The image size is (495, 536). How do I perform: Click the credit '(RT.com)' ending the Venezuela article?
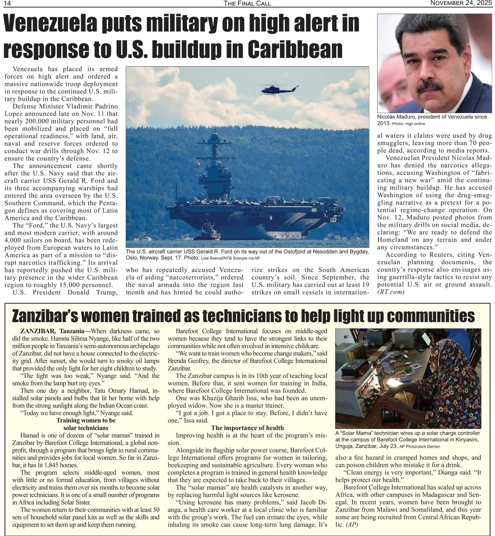391,292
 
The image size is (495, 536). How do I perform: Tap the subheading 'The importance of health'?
247,428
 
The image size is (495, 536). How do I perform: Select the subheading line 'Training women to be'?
86,420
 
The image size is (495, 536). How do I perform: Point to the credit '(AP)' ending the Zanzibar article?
352,524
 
